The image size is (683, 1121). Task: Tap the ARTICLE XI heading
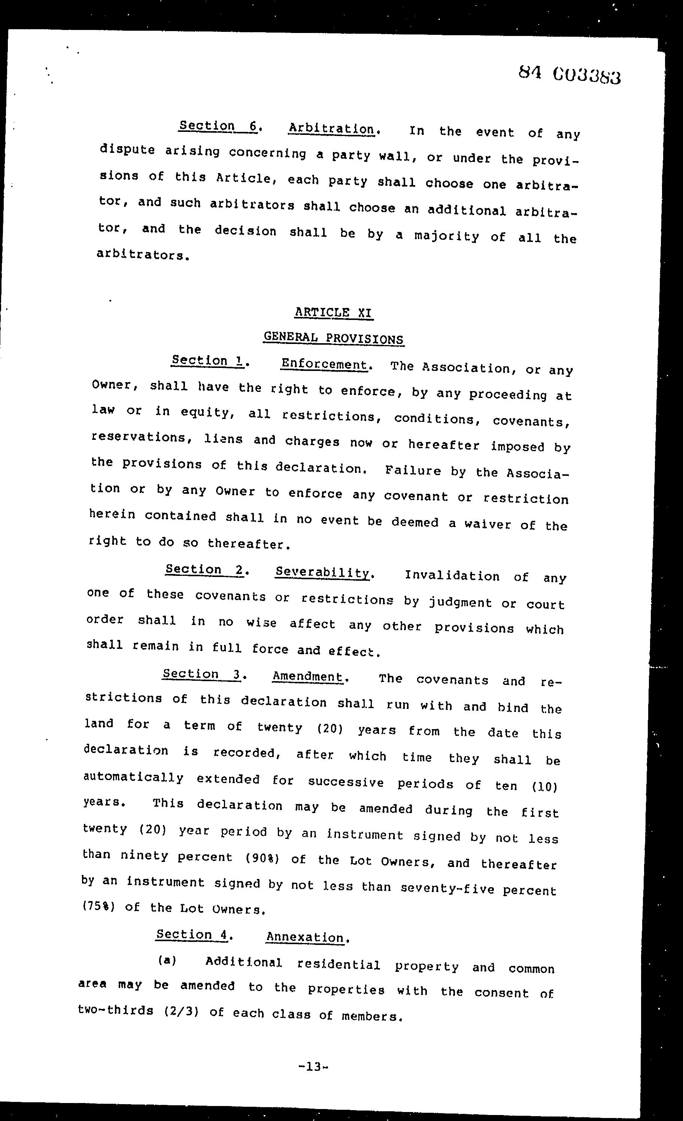(334, 312)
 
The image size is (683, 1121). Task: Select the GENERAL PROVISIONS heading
(333, 338)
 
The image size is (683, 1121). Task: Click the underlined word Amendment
(307, 677)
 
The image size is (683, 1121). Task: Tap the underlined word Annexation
(305, 937)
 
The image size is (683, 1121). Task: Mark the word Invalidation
(452, 576)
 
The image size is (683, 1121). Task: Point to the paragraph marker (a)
(167, 960)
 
